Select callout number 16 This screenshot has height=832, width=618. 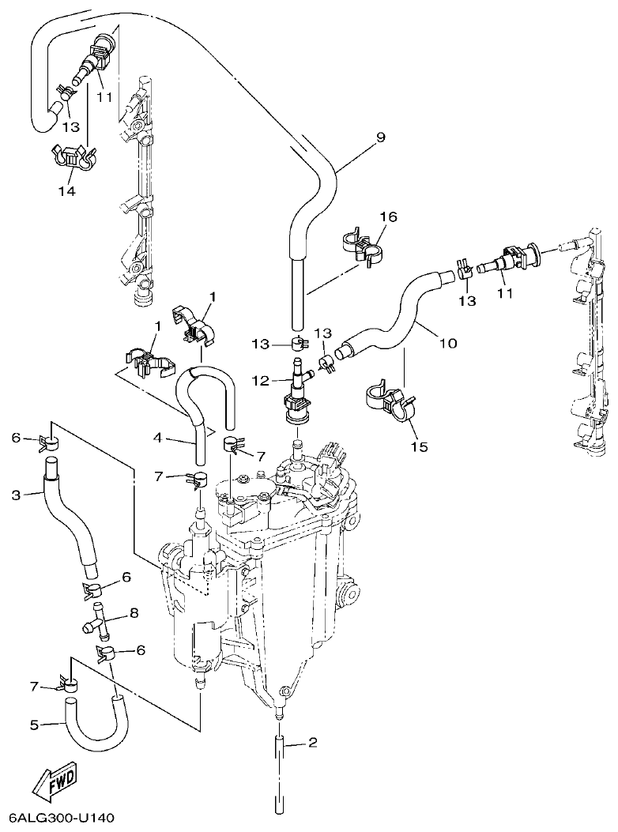click(389, 217)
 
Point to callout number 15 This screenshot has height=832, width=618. click(419, 446)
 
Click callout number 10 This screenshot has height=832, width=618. click(447, 343)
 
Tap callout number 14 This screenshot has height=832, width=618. click(66, 191)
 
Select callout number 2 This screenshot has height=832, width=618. click(313, 742)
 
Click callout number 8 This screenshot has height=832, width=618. click(134, 612)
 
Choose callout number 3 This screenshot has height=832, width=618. click(16, 495)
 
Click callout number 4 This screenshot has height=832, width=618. click(157, 437)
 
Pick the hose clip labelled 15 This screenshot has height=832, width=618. click(391, 401)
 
